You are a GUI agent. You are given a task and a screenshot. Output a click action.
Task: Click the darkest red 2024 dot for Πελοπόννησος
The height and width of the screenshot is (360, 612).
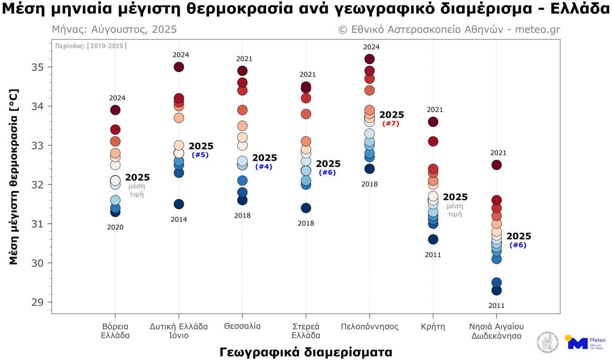(369, 59)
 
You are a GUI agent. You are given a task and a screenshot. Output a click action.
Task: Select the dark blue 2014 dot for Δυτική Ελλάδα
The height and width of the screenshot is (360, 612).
(179, 204)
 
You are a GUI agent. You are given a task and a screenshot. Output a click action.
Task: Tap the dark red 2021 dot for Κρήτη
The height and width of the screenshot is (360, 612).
(433, 122)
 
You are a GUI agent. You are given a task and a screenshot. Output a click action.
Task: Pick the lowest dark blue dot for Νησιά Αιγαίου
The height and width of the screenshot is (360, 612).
(496, 290)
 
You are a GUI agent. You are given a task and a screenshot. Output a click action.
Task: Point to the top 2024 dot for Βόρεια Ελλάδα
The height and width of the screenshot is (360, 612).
(115, 110)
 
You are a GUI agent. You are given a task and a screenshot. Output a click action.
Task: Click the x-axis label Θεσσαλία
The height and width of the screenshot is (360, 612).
(242, 326)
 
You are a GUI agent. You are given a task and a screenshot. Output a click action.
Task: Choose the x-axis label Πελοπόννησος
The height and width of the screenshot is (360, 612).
(369, 326)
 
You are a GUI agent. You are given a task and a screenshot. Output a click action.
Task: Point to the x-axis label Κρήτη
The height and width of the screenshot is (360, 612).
(433, 326)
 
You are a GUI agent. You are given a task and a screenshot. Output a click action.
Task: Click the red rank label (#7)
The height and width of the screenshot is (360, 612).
(391, 124)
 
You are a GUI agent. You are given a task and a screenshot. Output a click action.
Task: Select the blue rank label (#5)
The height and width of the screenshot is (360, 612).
(200, 155)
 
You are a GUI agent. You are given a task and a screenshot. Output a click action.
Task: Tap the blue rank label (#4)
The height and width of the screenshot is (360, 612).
(264, 167)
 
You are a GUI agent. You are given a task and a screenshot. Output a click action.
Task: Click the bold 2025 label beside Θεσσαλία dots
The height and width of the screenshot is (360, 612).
(265, 158)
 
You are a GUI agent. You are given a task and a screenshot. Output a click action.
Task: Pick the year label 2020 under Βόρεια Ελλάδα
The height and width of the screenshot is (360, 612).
(115, 227)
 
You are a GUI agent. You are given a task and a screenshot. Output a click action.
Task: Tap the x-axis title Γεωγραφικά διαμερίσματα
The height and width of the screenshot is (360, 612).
(306, 352)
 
